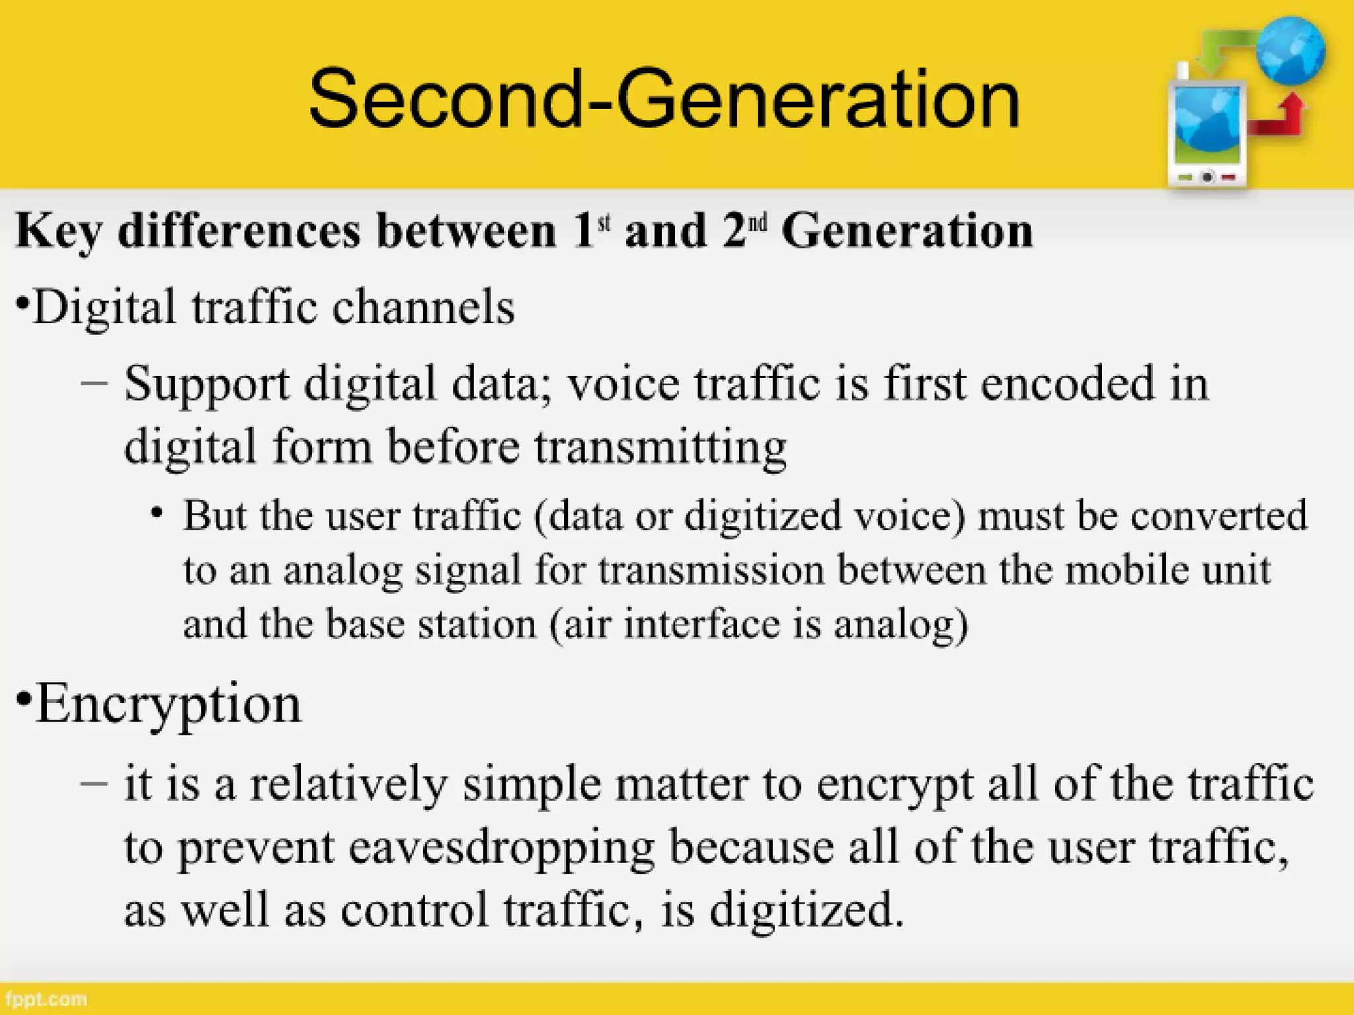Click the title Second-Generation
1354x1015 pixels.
[664, 99]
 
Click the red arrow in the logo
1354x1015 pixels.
[1280, 119]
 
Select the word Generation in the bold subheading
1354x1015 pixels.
[907, 231]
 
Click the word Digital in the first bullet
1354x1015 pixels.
[106, 308]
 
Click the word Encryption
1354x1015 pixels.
[169, 704]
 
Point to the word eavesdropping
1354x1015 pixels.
[502, 848]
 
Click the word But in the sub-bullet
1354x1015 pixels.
[215, 515]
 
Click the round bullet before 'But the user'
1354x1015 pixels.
[157, 513]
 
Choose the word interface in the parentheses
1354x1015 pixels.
[701, 624]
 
